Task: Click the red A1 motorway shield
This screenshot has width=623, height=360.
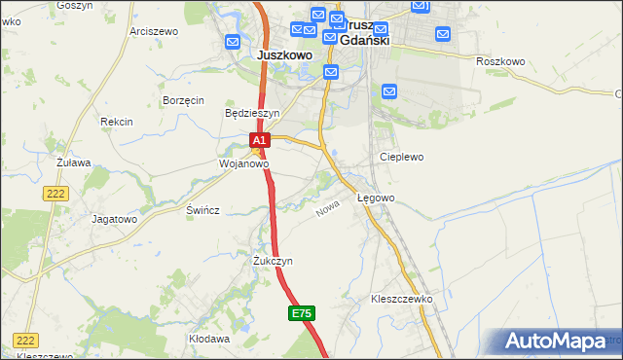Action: (x=259, y=141)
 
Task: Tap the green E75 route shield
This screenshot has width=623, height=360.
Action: (x=301, y=313)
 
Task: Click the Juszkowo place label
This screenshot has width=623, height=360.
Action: (x=284, y=55)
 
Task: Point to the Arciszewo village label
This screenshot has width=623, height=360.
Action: (x=153, y=31)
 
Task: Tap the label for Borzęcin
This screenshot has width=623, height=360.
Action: (x=183, y=100)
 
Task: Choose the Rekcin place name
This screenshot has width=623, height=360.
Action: (x=116, y=122)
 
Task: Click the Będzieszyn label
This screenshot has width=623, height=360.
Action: (x=252, y=113)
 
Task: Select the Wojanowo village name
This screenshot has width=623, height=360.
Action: (x=242, y=164)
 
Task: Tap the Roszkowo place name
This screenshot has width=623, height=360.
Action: (x=500, y=61)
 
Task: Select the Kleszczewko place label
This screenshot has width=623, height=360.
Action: (x=401, y=299)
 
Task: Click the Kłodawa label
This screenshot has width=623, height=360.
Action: (x=209, y=340)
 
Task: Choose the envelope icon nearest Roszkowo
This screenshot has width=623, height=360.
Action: (x=443, y=35)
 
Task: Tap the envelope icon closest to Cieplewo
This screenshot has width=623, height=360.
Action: (x=389, y=91)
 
